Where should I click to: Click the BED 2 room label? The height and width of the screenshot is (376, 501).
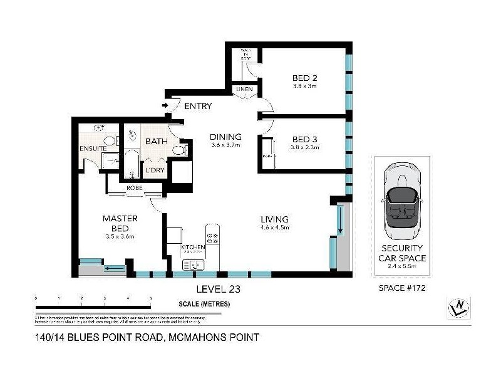(x=304, y=78)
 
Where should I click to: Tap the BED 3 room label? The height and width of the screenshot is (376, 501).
(x=304, y=140)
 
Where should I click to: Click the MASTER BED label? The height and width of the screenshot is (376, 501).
(x=119, y=223)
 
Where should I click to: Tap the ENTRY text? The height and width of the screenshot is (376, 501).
(x=198, y=106)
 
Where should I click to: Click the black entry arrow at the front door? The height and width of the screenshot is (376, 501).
(x=166, y=106)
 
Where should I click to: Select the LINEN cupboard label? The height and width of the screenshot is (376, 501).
(x=244, y=90)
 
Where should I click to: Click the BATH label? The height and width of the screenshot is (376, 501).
(x=157, y=142)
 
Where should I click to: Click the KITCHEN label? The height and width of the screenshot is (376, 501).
(x=193, y=248)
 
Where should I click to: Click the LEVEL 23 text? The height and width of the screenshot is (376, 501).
(x=218, y=289)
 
